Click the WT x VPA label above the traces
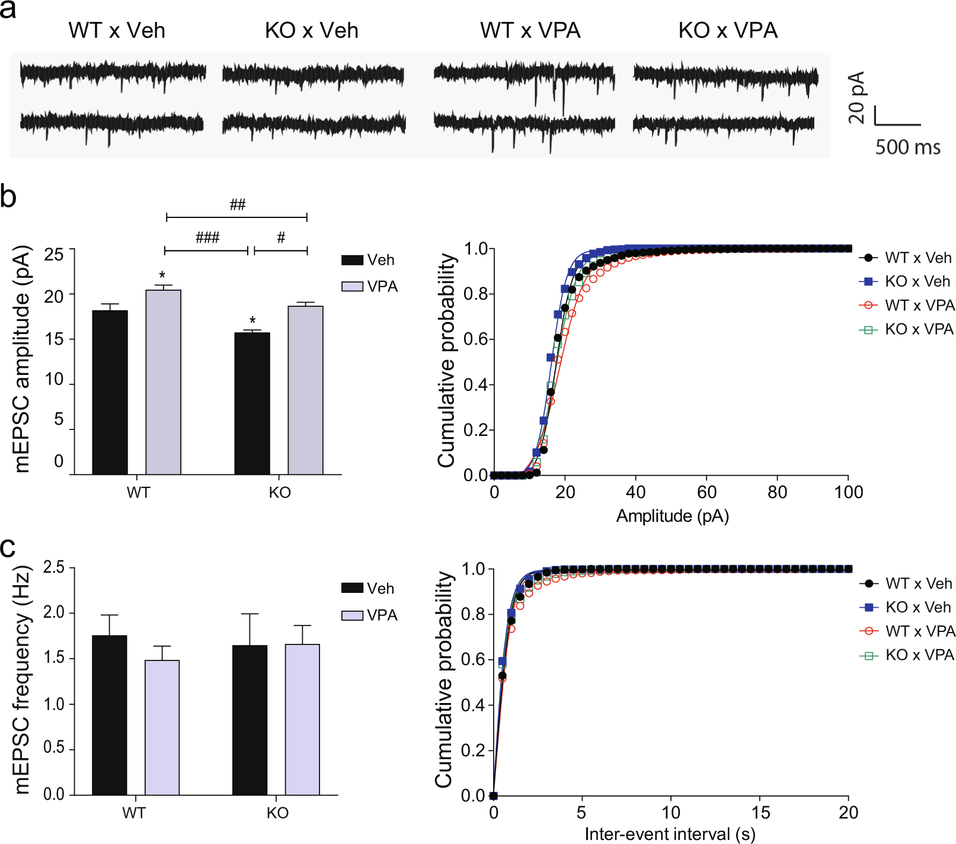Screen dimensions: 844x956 pos(530,30)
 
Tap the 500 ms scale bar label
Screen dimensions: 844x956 pos(907,147)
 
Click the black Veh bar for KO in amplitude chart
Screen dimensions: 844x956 pos(252,403)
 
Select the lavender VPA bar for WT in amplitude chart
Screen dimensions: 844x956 pos(163,382)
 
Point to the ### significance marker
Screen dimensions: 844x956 pos(207,238)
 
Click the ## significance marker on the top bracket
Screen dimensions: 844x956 pos(237,205)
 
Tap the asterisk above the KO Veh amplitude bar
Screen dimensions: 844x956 pos(252,321)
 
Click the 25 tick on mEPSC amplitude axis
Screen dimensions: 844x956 pos(54,255)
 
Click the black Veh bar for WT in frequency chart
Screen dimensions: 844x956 pos(110,715)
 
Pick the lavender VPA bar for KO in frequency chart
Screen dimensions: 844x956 pos(302,719)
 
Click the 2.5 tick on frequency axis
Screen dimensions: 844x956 pos(54,567)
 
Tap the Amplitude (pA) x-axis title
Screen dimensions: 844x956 pos(672,516)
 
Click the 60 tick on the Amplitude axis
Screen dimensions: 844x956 pos(706,492)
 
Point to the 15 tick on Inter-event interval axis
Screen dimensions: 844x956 pos(760,813)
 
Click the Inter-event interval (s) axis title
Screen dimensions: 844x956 pos(670,834)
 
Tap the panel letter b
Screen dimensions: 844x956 pos(8,197)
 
